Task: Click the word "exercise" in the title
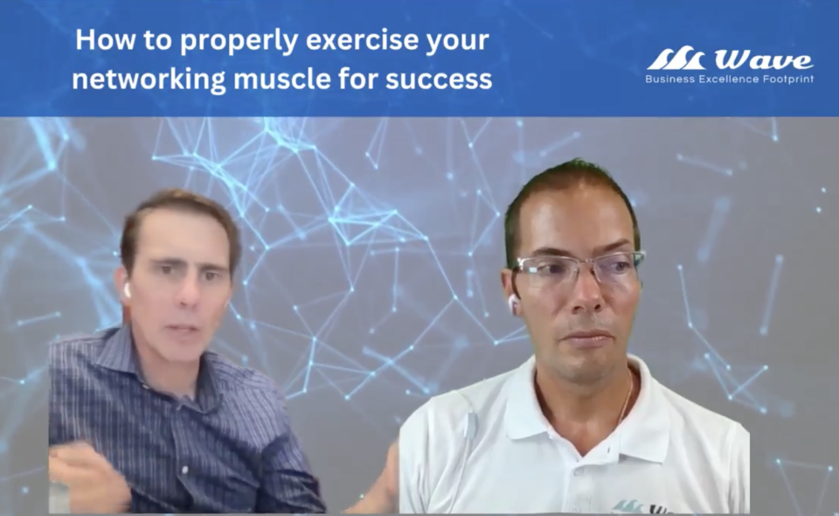(363, 39)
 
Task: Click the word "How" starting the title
(106, 39)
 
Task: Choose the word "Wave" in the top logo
(764, 59)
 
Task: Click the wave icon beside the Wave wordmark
(676, 59)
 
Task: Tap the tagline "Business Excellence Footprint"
(729, 80)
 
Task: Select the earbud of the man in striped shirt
(128, 290)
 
